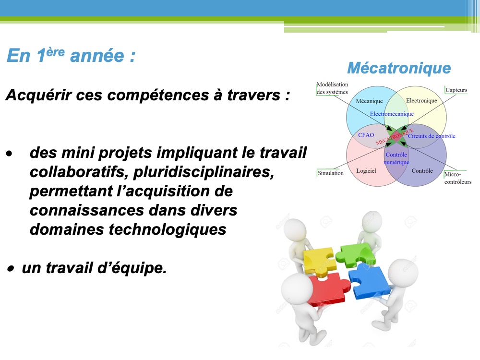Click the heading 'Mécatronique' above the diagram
[x=399, y=68]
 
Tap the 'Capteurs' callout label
[x=456, y=90]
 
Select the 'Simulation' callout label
[x=331, y=173]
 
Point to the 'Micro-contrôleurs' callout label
[x=457, y=178]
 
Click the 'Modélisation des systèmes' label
[x=332, y=88]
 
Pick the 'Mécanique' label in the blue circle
[x=369, y=101]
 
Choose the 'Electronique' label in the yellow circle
[x=421, y=100]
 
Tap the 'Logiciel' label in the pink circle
[x=366, y=171]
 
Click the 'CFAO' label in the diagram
[x=366, y=135]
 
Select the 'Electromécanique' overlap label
[x=392, y=114]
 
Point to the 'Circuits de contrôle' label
[x=432, y=136]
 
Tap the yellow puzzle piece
[x=319, y=260]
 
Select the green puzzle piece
[x=356, y=254]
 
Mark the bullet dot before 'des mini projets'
[x=10, y=154]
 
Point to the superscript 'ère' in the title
[x=55, y=52]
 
